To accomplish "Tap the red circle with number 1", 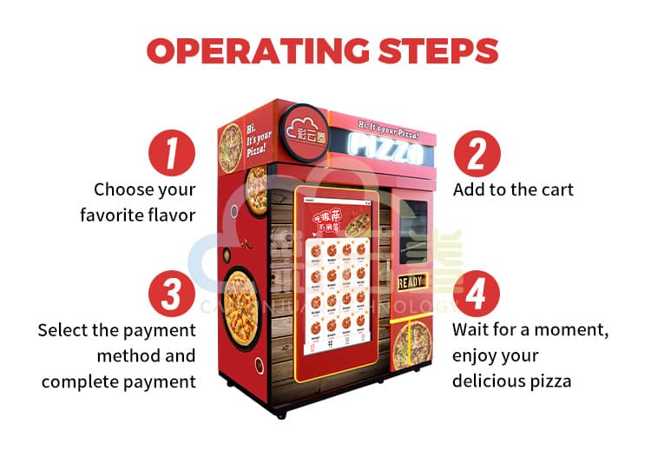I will [172, 153].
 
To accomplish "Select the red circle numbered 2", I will [477, 153].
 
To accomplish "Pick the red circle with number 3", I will [172, 295].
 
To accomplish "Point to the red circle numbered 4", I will [477, 295].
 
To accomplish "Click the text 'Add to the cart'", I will [513, 189].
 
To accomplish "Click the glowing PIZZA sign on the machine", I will [386, 154].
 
